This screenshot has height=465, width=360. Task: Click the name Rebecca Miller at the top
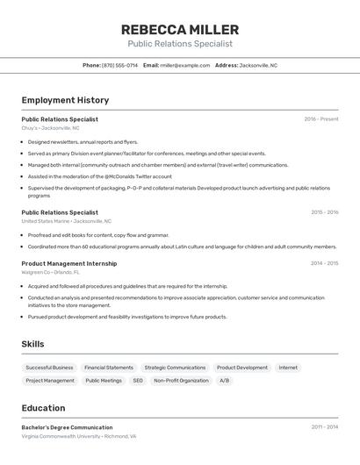(180, 30)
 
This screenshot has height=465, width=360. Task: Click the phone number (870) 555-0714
(119, 65)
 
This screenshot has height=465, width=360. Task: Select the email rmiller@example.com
(185, 65)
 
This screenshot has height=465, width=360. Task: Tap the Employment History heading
(65, 100)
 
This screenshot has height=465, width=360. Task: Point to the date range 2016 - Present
(321, 119)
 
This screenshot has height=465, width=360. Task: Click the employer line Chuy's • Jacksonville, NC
(50, 128)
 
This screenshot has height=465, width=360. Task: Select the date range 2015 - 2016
(324, 212)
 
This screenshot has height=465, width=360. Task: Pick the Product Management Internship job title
(68, 263)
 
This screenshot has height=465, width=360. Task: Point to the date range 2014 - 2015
(324, 263)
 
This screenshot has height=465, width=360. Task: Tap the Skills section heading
(32, 344)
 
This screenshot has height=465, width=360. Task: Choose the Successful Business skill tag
(49, 368)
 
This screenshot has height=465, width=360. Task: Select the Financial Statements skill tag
(109, 368)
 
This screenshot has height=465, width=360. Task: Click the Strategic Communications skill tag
(175, 368)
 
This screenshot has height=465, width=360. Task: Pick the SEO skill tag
(138, 381)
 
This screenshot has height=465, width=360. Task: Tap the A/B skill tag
(224, 381)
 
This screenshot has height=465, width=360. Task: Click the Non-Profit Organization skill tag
(181, 381)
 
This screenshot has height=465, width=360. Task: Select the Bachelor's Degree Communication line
(67, 427)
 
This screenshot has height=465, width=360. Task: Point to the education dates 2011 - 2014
(324, 427)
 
